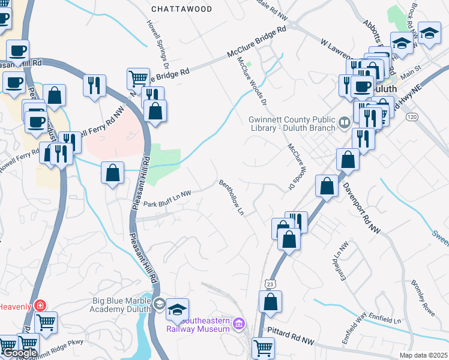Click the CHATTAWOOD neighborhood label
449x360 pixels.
click(181, 9)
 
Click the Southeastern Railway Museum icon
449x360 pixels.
click(240, 325)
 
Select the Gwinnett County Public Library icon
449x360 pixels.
click(344, 123)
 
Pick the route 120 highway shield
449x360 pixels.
click(412, 115)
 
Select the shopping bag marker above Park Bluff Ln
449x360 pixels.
click(112, 173)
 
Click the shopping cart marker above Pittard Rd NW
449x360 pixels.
click(262, 347)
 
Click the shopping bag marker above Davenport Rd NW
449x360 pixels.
click(348, 160)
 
